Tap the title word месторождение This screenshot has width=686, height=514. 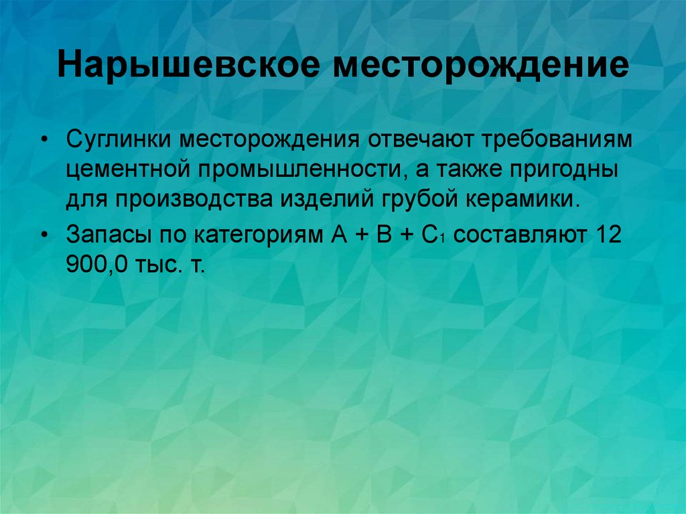point(486,66)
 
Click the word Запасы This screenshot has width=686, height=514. point(103,235)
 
